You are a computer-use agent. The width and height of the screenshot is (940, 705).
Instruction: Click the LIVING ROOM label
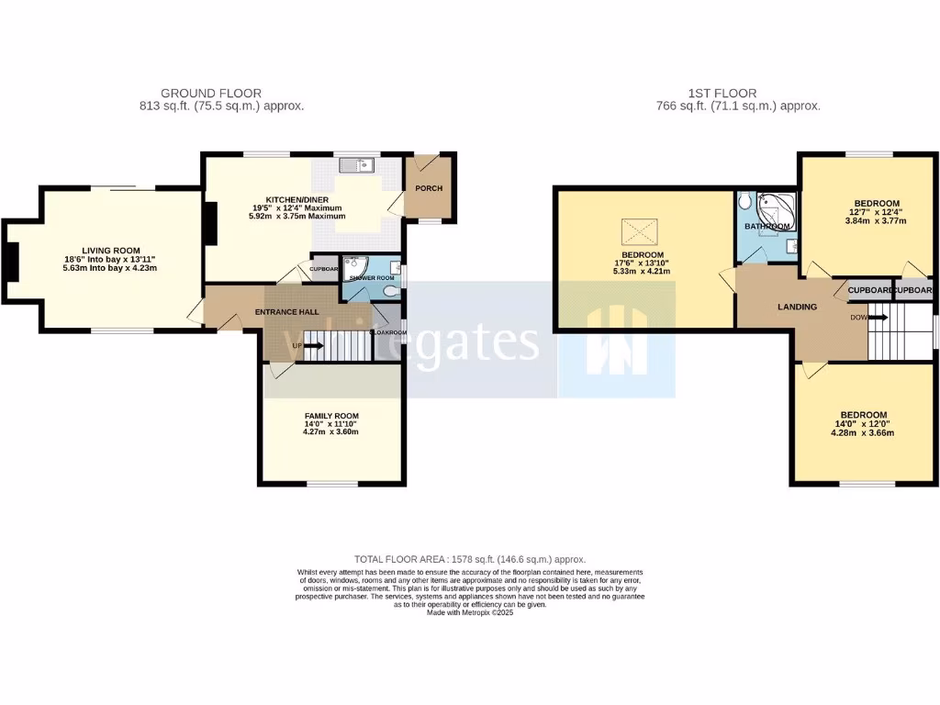[x=111, y=250]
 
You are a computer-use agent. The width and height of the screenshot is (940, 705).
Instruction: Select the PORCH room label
[x=429, y=189]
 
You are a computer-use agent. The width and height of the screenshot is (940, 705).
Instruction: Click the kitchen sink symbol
[x=354, y=165]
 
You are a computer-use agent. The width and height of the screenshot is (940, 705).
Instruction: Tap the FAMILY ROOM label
[x=332, y=416]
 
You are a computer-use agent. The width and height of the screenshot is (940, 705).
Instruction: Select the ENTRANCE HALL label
[x=292, y=312]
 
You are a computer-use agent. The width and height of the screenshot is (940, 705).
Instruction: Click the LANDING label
[x=797, y=307]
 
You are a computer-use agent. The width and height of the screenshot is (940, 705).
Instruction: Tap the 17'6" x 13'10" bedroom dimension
[x=643, y=263]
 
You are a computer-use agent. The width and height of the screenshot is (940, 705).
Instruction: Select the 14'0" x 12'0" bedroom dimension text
[x=863, y=424]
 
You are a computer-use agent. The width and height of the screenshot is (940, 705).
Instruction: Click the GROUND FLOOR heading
[x=211, y=93]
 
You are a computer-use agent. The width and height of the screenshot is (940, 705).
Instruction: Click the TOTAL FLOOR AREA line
[x=470, y=559]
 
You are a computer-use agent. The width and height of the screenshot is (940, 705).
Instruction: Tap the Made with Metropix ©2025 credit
[x=470, y=612]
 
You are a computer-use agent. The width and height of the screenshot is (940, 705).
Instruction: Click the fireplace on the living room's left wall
[x=11, y=262]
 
